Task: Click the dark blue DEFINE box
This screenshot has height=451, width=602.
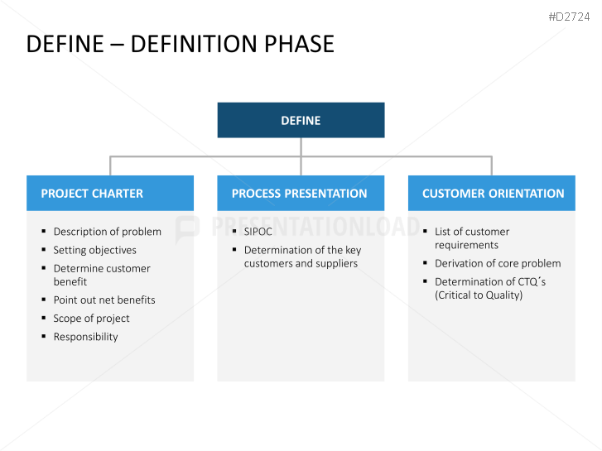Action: click(x=301, y=120)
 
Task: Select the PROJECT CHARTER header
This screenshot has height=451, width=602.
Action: click(x=92, y=194)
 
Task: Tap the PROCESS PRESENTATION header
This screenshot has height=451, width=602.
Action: click(x=300, y=194)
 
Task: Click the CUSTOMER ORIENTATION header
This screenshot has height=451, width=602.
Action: click(x=493, y=194)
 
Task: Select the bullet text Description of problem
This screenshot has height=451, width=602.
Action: click(x=107, y=232)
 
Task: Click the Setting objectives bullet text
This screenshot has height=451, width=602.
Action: click(x=94, y=250)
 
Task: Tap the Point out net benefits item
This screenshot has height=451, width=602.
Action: click(x=104, y=300)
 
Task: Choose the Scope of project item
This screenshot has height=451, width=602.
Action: click(x=91, y=318)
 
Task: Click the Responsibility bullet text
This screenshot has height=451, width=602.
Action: click(x=85, y=337)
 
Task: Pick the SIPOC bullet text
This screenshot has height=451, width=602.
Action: click(x=258, y=232)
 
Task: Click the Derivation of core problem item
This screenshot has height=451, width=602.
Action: click(x=498, y=263)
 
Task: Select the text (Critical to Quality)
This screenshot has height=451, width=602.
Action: click(x=479, y=295)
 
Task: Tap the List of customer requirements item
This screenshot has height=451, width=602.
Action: click(x=472, y=238)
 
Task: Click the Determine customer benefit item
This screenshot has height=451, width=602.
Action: click(x=101, y=275)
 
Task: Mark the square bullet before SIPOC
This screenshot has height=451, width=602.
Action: click(x=234, y=232)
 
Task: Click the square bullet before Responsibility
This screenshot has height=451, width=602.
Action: click(x=44, y=337)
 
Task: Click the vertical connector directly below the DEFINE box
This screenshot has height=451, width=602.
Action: click(x=301, y=146)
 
